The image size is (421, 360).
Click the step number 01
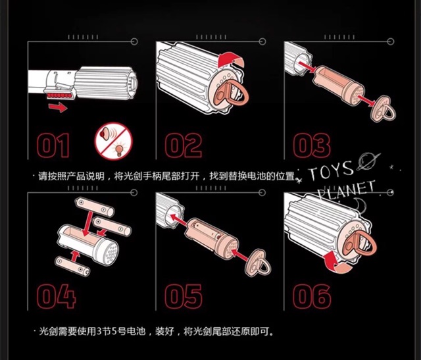(53, 145)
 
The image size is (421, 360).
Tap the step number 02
(184, 145)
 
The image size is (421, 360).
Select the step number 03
(311, 145)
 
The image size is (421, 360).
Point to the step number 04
(57, 296)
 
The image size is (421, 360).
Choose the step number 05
(184, 296)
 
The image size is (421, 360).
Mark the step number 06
(312, 296)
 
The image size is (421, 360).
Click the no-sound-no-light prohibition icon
(114, 141)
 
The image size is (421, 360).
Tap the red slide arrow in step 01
(58, 107)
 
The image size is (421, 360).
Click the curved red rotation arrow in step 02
(230, 60)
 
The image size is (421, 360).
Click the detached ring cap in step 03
(383, 109)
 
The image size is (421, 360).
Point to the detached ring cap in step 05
(258, 263)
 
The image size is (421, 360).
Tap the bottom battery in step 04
(72, 267)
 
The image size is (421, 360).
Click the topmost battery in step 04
(95, 207)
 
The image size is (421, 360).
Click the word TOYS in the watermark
(330, 171)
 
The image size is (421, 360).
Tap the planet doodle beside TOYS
(368, 161)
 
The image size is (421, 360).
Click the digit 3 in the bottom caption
(99, 331)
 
